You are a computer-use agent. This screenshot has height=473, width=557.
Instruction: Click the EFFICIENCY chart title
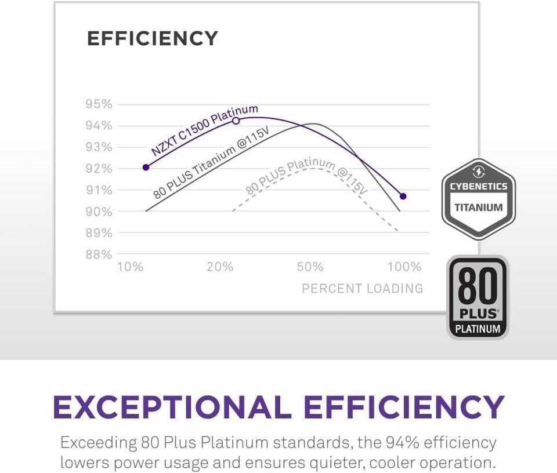tap(152, 39)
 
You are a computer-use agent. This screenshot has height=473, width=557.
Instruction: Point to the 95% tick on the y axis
tap(99, 104)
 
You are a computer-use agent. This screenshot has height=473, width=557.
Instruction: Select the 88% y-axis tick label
tap(99, 254)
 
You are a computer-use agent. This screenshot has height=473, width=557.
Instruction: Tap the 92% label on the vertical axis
tap(99, 169)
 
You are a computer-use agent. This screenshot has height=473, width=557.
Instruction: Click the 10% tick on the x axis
tap(130, 267)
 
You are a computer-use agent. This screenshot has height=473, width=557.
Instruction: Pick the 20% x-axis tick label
tap(220, 267)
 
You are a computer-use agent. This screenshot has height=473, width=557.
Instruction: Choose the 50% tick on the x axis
tap(310, 267)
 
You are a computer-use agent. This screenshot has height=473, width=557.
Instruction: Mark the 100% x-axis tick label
tap(404, 267)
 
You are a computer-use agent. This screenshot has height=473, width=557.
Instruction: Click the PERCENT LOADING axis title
tap(362, 288)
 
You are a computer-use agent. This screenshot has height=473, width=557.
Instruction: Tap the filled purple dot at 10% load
tap(146, 167)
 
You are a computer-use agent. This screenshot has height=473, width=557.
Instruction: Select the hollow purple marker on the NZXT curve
tap(236, 121)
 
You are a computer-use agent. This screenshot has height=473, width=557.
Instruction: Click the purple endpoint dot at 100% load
tap(403, 196)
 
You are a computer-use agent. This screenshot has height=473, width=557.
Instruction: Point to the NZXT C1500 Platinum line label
tap(204, 130)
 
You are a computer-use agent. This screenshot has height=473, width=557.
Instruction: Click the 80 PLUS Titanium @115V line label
tap(211, 165)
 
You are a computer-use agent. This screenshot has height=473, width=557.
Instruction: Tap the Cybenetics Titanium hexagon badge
tap(478, 198)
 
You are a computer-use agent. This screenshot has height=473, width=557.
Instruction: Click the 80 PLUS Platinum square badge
tap(478, 297)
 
